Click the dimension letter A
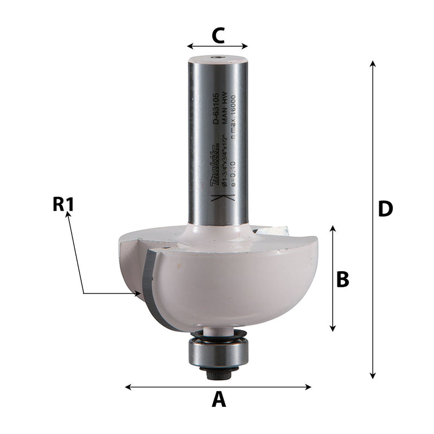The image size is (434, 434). click(218, 400)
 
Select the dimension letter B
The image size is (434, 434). click(342, 279)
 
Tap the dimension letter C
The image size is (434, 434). click(218, 36)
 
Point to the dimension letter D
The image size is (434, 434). click(385, 209)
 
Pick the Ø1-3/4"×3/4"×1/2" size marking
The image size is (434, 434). click(223, 163)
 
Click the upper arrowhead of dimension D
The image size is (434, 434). click(373, 63)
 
